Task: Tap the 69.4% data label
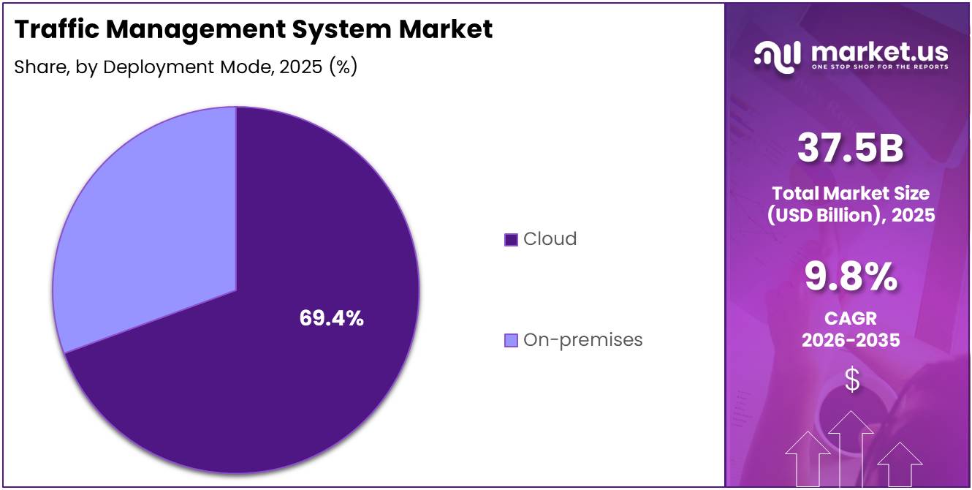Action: point(331,318)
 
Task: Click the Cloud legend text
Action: point(550,239)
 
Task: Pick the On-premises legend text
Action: point(582,340)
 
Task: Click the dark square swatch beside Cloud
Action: point(512,239)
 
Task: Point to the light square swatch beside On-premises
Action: point(512,340)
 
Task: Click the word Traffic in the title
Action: point(54,29)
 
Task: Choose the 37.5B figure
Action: point(851,148)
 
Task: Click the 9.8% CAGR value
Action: point(851,276)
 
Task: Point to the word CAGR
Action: point(851,319)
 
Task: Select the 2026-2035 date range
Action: point(851,340)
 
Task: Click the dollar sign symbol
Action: point(851,379)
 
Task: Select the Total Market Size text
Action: point(851,194)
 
